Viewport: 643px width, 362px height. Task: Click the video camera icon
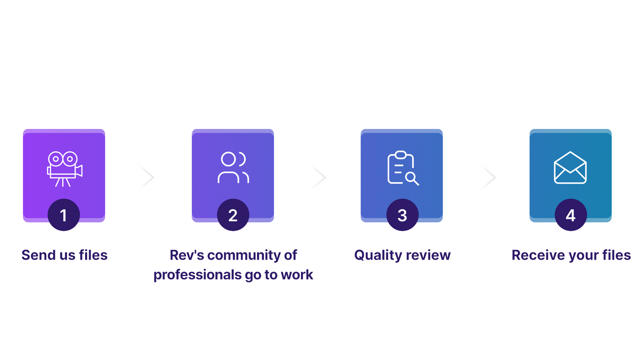64,169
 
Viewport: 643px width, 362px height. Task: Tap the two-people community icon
233,168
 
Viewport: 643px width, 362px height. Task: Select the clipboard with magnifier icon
402,168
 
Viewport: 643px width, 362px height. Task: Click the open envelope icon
570,168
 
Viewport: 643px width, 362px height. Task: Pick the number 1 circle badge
63,215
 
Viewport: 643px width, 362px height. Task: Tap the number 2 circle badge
233,215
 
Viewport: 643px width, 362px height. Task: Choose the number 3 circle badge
402,215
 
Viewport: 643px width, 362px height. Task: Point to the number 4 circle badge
571,215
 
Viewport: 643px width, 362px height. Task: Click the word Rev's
187,255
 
